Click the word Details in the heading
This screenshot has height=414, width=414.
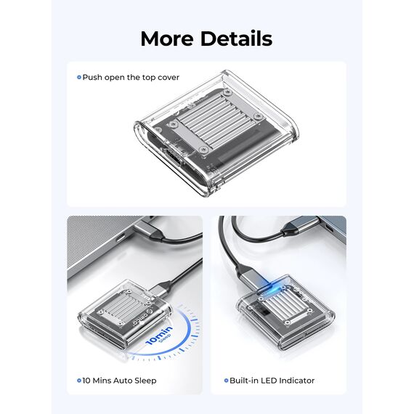236,38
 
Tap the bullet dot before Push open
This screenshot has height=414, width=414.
79,78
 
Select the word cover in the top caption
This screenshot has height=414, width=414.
169,78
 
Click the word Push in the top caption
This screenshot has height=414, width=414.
92,78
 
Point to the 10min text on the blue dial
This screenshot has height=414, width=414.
159,336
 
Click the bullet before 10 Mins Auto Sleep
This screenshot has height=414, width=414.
79,381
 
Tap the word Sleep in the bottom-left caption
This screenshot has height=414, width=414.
145,381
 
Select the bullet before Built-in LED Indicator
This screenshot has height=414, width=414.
226,381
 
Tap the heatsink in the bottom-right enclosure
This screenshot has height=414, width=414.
286,304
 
